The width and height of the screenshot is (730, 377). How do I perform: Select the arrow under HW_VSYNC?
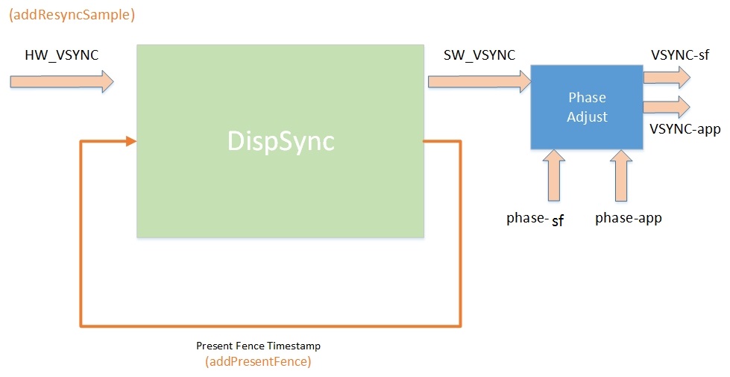[x=63, y=80]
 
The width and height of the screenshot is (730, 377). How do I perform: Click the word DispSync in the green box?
[x=281, y=142]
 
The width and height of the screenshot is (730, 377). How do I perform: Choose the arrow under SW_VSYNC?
[x=477, y=80]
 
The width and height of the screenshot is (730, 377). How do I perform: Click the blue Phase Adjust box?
[x=587, y=106]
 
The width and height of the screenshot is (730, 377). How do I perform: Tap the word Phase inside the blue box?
[x=587, y=98]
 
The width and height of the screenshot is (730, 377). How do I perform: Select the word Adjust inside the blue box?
[x=587, y=117]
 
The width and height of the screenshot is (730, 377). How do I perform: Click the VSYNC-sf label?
[x=679, y=54]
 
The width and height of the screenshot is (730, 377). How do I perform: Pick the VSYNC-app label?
[x=685, y=130]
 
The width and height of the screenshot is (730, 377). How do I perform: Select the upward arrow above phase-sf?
[x=554, y=175]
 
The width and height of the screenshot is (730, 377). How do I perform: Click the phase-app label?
[x=629, y=218]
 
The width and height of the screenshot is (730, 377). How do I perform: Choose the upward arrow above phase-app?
[x=620, y=175]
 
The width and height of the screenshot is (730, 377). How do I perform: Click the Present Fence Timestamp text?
[x=258, y=346]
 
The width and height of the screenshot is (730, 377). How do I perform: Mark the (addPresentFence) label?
[x=258, y=362]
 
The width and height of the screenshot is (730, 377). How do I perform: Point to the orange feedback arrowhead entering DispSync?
[x=131, y=141]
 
